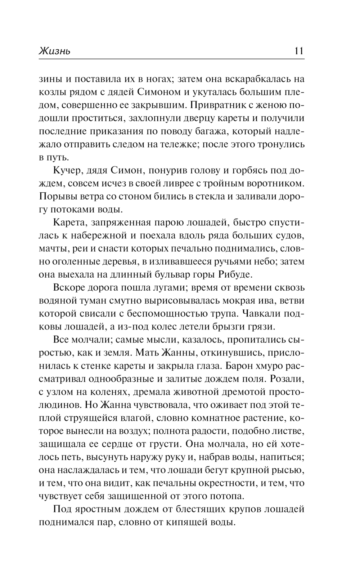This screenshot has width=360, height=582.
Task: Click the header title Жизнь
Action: tap(54, 51)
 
